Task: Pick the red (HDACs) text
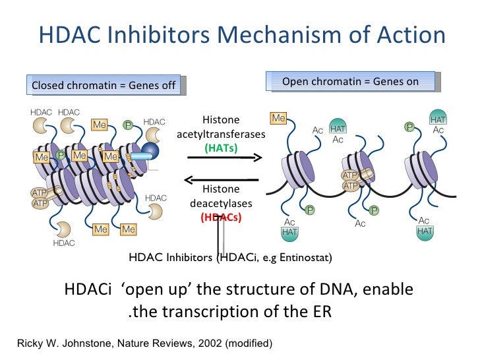click(x=221, y=217)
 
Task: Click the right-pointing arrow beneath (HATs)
click(x=224, y=158)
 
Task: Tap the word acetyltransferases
click(x=221, y=134)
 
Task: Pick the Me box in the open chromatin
click(x=278, y=119)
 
